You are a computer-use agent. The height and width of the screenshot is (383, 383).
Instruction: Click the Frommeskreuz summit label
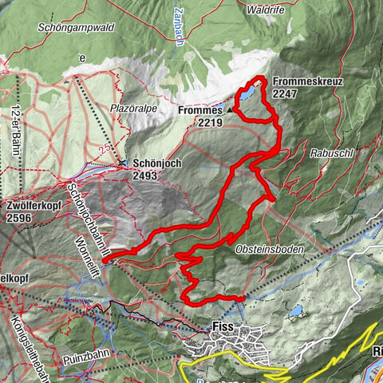coord(303,81)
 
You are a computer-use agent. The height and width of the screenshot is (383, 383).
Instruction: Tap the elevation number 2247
coord(285,93)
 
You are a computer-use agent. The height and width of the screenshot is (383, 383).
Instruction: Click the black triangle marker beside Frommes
coord(230,110)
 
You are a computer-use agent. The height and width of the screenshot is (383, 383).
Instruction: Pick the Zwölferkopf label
coord(34,205)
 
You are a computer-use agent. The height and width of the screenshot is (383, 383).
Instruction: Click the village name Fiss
coord(223,326)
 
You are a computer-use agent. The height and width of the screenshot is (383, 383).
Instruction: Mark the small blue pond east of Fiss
coord(296,309)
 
